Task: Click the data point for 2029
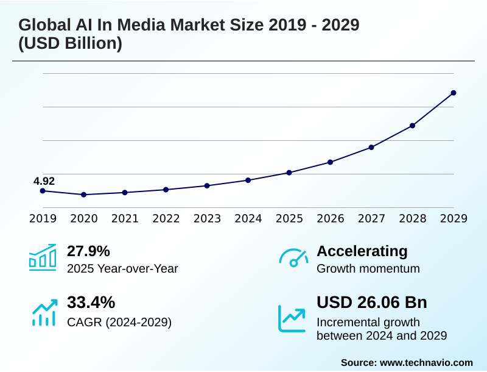(454, 93)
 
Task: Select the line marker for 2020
(84, 195)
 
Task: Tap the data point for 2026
(330, 162)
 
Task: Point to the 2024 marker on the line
(248, 180)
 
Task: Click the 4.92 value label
(44, 181)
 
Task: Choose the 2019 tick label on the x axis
(43, 218)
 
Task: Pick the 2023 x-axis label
(207, 218)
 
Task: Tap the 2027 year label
(371, 218)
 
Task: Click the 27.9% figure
(88, 251)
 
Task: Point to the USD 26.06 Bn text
(372, 302)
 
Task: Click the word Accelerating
(362, 251)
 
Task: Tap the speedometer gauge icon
(293, 258)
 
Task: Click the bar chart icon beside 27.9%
(43, 257)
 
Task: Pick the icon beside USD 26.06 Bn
(292, 318)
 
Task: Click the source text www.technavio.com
(426, 362)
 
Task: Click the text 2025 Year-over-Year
(122, 268)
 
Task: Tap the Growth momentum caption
(368, 268)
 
